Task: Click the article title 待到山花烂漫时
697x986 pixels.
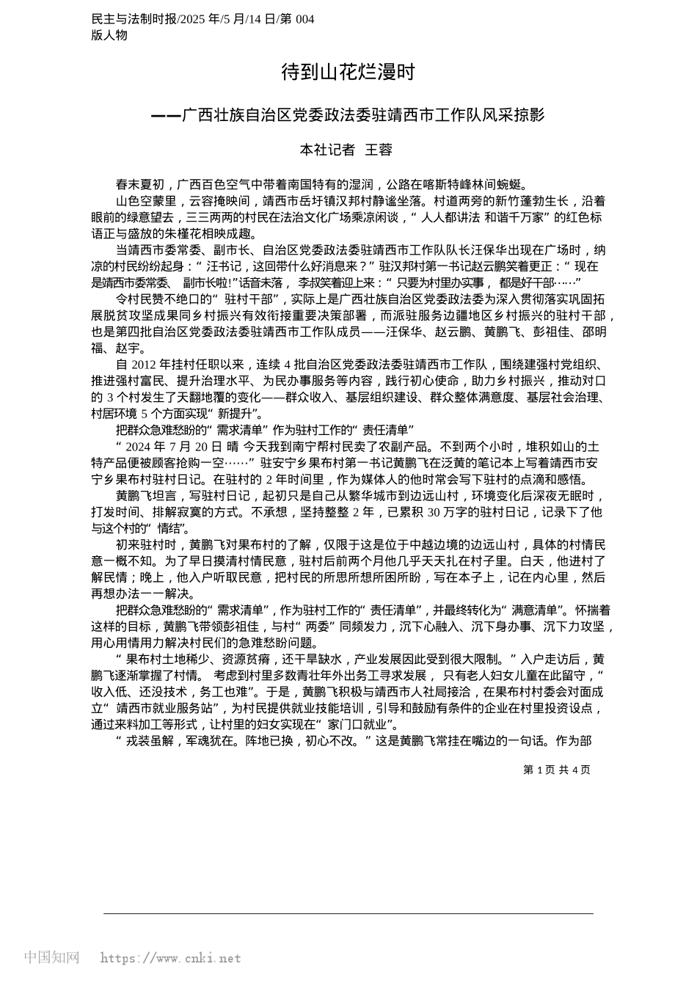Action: tap(348, 72)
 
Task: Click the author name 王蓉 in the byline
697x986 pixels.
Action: tap(379, 150)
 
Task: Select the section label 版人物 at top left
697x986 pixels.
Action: tap(109, 34)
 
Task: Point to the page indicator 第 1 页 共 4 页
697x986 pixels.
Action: tap(556, 770)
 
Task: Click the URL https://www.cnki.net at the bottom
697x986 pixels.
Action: tap(170, 958)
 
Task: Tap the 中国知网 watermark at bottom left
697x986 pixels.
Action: tap(51, 957)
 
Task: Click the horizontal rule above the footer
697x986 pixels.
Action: tap(348, 913)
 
